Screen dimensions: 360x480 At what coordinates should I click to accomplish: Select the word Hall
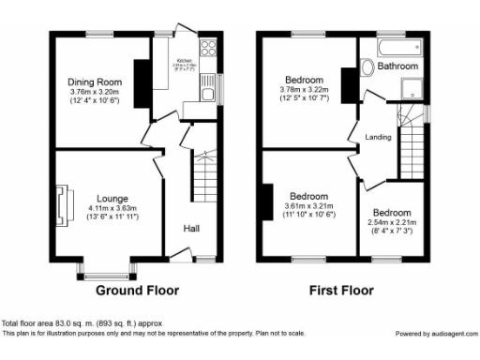pos(190,228)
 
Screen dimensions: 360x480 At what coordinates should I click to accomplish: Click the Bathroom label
pos(398,67)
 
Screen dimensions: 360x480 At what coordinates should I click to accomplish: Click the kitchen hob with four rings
pos(207,51)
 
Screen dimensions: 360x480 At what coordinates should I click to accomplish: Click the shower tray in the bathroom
pos(412,87)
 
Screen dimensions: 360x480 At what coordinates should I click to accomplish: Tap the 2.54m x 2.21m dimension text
pos(390,223)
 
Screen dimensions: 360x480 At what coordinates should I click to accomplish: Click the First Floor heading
pos(341,290)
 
